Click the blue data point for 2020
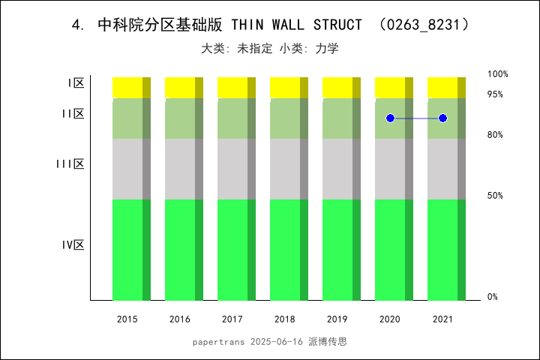coord(390,118)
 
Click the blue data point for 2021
coord(443,118)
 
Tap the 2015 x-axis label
coord(127,319)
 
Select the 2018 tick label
coord(285,319)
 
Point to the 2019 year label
coord(337,319)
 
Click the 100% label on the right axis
coord(498,74)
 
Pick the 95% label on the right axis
coord(495,94)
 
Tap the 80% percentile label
coord(495,135)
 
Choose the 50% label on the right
coord(495,196)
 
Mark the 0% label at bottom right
coord(493,297)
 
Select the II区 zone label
coord(73,114)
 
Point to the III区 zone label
coord(70,164)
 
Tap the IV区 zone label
coord(73,245)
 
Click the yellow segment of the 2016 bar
coord(180,87)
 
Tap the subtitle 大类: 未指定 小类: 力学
coord(270,49)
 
